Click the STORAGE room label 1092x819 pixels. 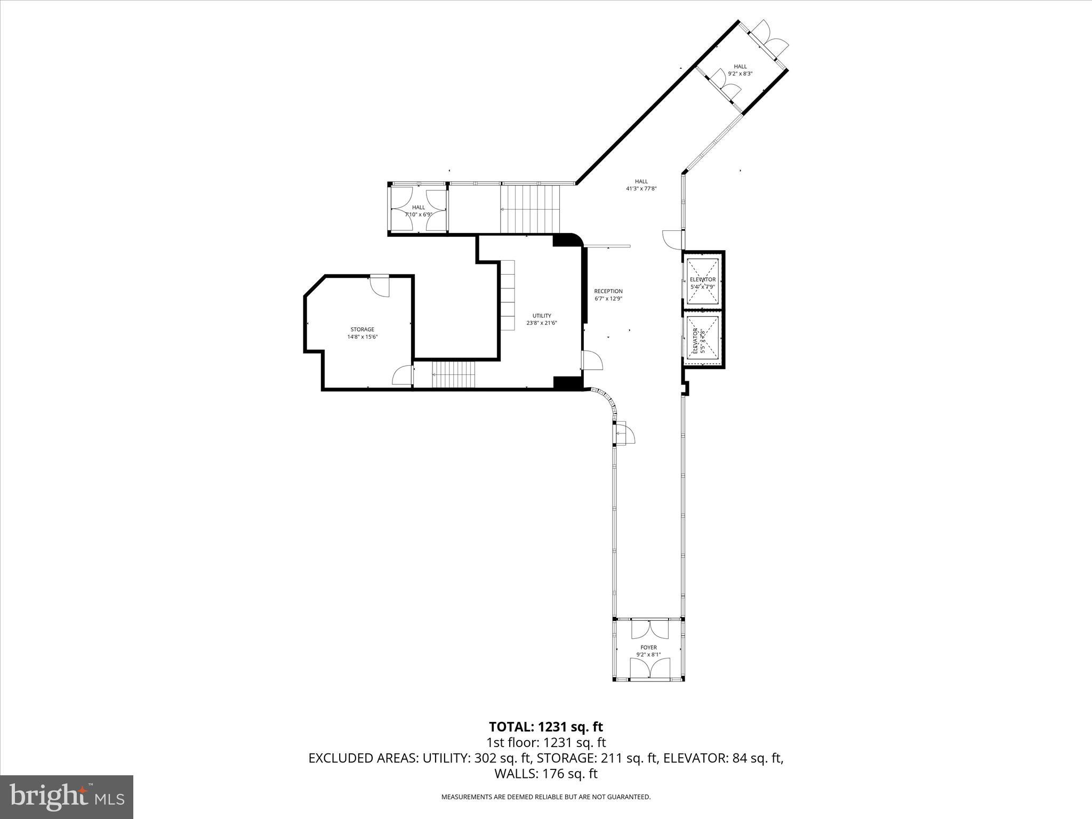[x=362, y=333]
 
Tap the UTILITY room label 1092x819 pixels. [x=542, y=319]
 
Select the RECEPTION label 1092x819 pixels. [x=608, y=295]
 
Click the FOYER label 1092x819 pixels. [x=648, y=651]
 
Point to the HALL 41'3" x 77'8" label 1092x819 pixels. [x=641, y=184]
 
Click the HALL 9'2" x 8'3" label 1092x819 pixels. [x=740, y=70]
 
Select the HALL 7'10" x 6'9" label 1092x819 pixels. [x=419, y=211]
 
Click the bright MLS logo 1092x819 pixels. [x=67, y=797]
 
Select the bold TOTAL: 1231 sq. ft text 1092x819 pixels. [x=545, y=727]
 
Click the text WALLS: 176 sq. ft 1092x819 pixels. [x=545, y=774]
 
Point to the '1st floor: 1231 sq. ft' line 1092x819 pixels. [x=545, y=742]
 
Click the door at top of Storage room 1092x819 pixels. [x=380, y=285]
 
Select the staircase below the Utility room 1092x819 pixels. [x=453, y=374]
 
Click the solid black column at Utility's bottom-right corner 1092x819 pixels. [x=567, y=383]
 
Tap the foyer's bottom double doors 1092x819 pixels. [x=649, y=668]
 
